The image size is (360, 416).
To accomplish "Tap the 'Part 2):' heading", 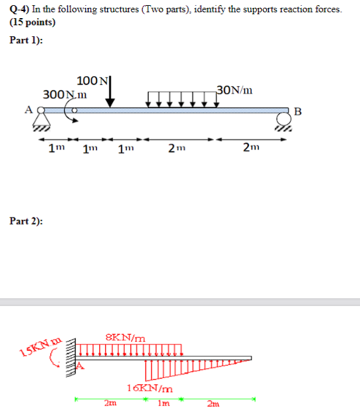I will [26, 221].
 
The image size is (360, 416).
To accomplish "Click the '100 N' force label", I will [92, 81].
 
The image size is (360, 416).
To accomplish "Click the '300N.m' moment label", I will [65, 94].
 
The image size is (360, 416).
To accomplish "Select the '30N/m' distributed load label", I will [234, 89].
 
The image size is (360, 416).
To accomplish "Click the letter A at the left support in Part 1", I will [28, 109].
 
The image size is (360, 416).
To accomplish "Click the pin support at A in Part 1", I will [42, 121].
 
